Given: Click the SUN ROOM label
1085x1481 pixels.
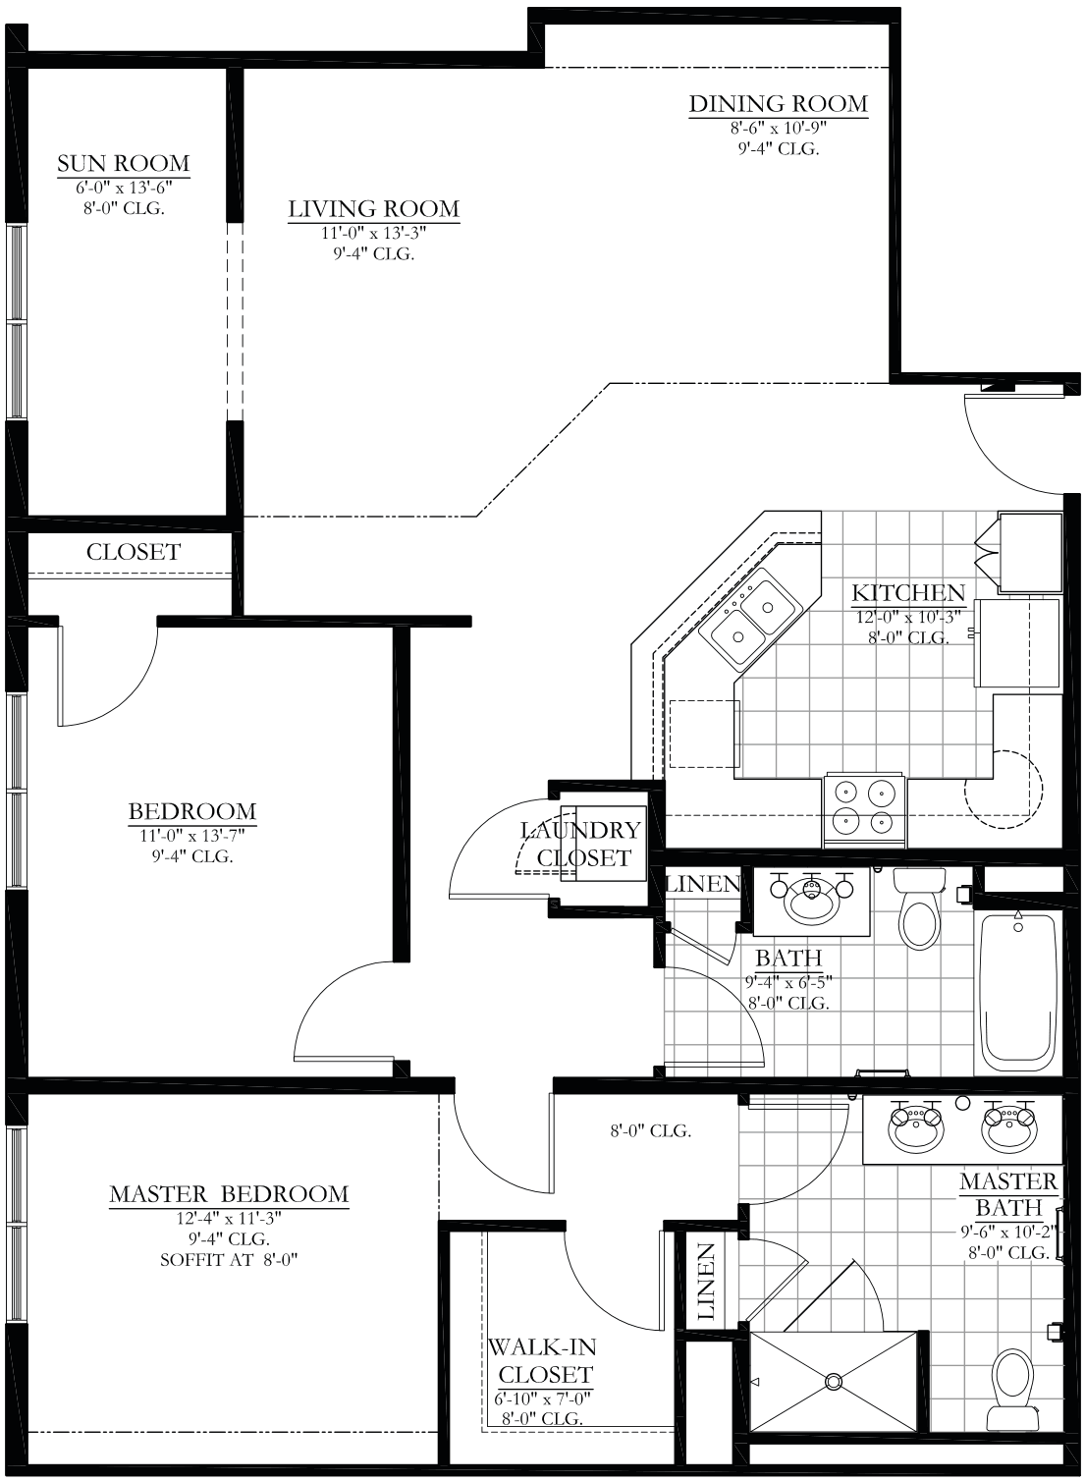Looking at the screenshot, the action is (x=124, y=163).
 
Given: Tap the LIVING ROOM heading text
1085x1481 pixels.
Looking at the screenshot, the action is (x=373, y=209).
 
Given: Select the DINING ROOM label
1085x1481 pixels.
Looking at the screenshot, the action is (x=779, y=104).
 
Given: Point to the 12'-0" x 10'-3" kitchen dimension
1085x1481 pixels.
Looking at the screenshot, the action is (x=908, y=618).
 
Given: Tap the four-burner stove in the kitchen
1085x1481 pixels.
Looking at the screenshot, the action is (x=864, y=810).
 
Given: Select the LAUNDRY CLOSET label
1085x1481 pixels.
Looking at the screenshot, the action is (x=582, y=844).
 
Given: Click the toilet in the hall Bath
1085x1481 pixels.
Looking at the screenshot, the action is (x=919, y=908).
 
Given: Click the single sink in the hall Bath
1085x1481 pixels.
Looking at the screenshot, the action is (x=811, y=901).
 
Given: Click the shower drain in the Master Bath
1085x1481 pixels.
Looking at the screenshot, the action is (x=834, y=1381).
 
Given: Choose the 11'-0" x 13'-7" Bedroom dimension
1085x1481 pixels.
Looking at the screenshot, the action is (x=191, y=835).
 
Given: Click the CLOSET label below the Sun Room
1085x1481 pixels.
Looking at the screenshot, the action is (x=134, y=552).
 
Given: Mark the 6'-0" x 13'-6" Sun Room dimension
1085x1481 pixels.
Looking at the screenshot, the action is (x=124, y=188).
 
